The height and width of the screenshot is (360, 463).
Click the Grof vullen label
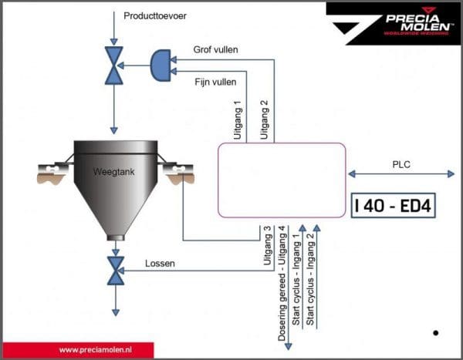point(216,50)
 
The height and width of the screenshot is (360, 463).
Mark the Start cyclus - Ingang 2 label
point(310,276)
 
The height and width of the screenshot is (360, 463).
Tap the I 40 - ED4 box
point(394,206)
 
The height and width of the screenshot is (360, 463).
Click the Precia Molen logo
point(391,22)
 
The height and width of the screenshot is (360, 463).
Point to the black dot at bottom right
point(436,333)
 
